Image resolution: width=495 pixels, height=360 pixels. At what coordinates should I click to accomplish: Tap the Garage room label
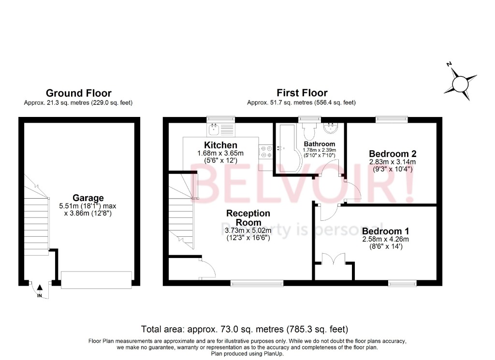tap(88, 198)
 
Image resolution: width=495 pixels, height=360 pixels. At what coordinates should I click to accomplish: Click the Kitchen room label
tap(220, 145)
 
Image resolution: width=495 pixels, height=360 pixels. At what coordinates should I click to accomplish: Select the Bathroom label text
tap(320, 144)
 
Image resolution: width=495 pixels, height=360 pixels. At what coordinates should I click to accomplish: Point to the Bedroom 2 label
tap(392, 154)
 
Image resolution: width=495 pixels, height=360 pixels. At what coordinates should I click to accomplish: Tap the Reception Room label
tap(248, 218)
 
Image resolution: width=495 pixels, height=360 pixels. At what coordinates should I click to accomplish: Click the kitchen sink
tap(214, 129)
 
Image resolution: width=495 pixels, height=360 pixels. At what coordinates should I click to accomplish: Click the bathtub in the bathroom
tap(288, 147)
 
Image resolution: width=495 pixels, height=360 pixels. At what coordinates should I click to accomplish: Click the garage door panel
tap(97, 279)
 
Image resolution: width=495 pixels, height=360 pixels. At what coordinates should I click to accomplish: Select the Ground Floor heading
tap(78, 93)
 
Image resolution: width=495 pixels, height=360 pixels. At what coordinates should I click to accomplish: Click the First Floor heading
tap(302, 93)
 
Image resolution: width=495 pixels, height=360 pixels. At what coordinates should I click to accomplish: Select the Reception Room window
tap(257, 283)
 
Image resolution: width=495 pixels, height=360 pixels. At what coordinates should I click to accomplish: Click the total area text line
tap(245, 330)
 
